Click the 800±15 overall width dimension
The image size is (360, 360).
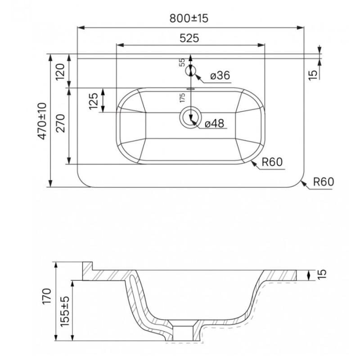pyautogui.click(x=189, y=18)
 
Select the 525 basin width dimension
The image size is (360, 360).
pyautogui.click(x=189, y=38)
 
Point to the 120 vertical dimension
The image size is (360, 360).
pyautogui.click(x=61, y=72)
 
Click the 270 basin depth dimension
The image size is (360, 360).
pyautogui.click(x=61, y=123)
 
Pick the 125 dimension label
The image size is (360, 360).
pyautogui.click(x=94, y=101)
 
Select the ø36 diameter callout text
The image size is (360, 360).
pyautogui.click(x=220, y=75)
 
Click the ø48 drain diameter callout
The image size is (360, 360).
pyautogui.click(x=214, y=123)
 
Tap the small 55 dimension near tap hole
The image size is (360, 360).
pyautogui.click(x=182, y=62)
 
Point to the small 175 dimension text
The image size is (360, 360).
pyautogui.click(x=182, y=98)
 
